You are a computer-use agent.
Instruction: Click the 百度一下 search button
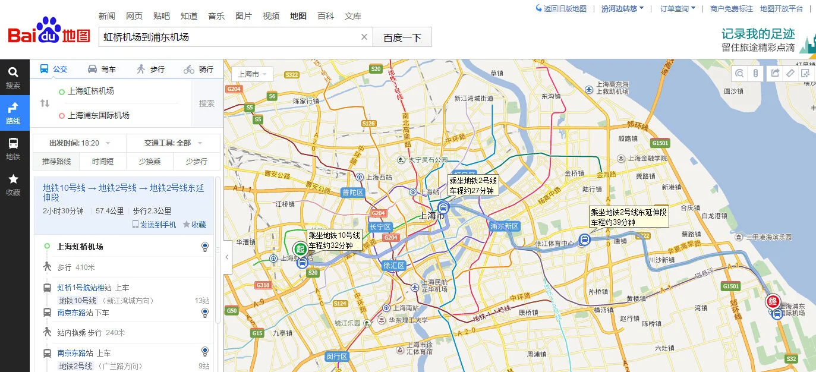pyautogui.click(x=402, y=37)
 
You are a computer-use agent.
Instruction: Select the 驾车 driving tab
pyautogui.click(x=102, y=70)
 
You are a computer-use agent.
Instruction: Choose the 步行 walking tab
pyautogui.click(x=150, y=70)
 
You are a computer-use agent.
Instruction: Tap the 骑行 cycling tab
pyautogui.click(x=199, y=70)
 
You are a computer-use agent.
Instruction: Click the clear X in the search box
pyautogui.click(x=364, y=37)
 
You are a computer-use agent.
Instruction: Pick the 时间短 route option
pyautogui.click(x=102, y=161)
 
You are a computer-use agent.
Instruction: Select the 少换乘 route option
pyautogui.click(x=150, y=161)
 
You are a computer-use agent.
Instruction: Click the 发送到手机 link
pyautogui.click(x=154, y=225)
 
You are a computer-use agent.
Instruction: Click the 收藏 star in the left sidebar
pyautogui.click(x=13, y=184)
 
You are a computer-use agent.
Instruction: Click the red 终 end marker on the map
pyautogui.click(x=773, y=301)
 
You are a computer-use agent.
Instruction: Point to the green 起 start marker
pyautogui.click(x=301, y=248)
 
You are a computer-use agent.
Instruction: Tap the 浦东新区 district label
pyautogui.click(x=505, y=226)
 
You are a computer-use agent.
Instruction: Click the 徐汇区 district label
pyautogui.click(x=394, y=266)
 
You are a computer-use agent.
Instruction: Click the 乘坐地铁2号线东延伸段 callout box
pyautogui.click(x=629, y=217)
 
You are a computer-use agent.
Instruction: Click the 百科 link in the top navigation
pyautogui.click(x=326, y=16)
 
